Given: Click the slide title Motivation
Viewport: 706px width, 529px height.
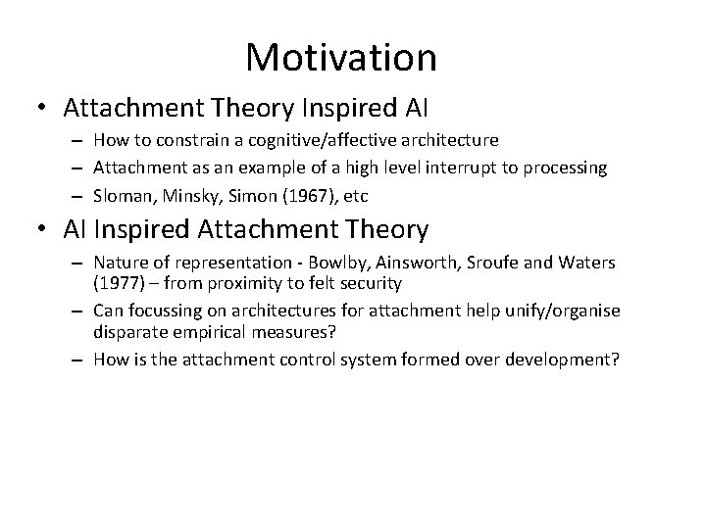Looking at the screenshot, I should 341,57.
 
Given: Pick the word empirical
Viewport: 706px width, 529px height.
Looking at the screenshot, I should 203,330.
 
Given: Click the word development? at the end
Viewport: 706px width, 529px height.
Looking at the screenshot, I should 566,359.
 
